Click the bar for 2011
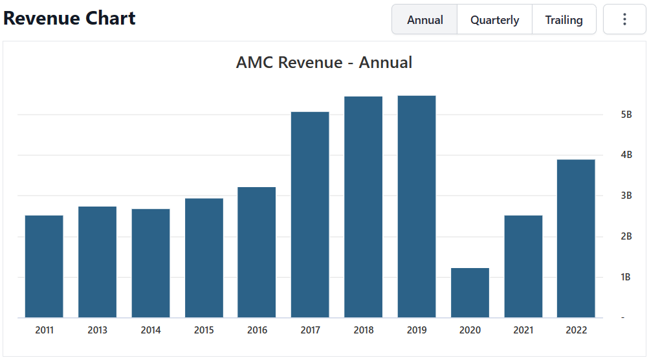[44, 266]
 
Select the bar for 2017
[310, 214]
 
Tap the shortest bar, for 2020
[470, 293]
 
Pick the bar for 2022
[576, 238]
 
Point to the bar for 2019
[417, 207]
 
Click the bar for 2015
[204, 258]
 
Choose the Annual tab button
[425, 19]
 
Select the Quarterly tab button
[494, 19]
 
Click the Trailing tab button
[564, 19]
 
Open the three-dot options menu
[624, 19]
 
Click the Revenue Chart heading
[70, 18]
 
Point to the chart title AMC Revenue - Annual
[324, 62]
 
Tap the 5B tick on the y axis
[626, 115]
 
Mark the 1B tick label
[626, 277]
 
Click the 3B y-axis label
[626, 196]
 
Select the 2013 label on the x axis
[98, 330]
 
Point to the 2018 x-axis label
[364, 330]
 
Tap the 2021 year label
[523, 330]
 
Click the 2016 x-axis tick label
[257, 330]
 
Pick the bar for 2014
[151, 263]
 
